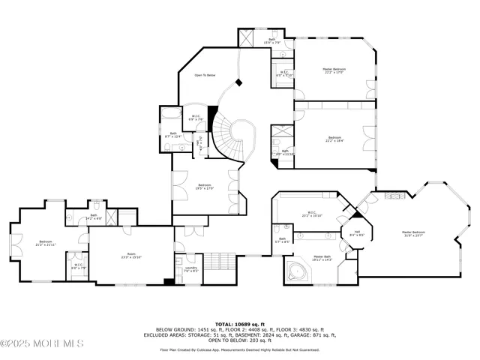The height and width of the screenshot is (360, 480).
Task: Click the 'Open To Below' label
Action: [205, 75]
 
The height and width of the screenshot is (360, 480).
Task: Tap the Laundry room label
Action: [190, 269]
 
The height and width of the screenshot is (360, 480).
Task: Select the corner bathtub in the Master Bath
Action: [298, 271]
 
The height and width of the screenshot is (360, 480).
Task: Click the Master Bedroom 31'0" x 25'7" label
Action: [418, 233]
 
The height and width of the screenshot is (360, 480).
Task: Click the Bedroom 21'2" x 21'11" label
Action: [46, 243]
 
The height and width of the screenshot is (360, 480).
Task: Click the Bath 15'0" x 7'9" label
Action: [271, 42]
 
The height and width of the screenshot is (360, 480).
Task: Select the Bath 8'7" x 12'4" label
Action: [172, 135]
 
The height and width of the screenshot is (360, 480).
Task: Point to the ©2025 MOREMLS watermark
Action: [43, 343]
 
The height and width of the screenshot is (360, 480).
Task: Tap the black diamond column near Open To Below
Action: [238, 82]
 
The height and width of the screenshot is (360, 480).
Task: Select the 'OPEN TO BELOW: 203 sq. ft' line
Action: [240, 340]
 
